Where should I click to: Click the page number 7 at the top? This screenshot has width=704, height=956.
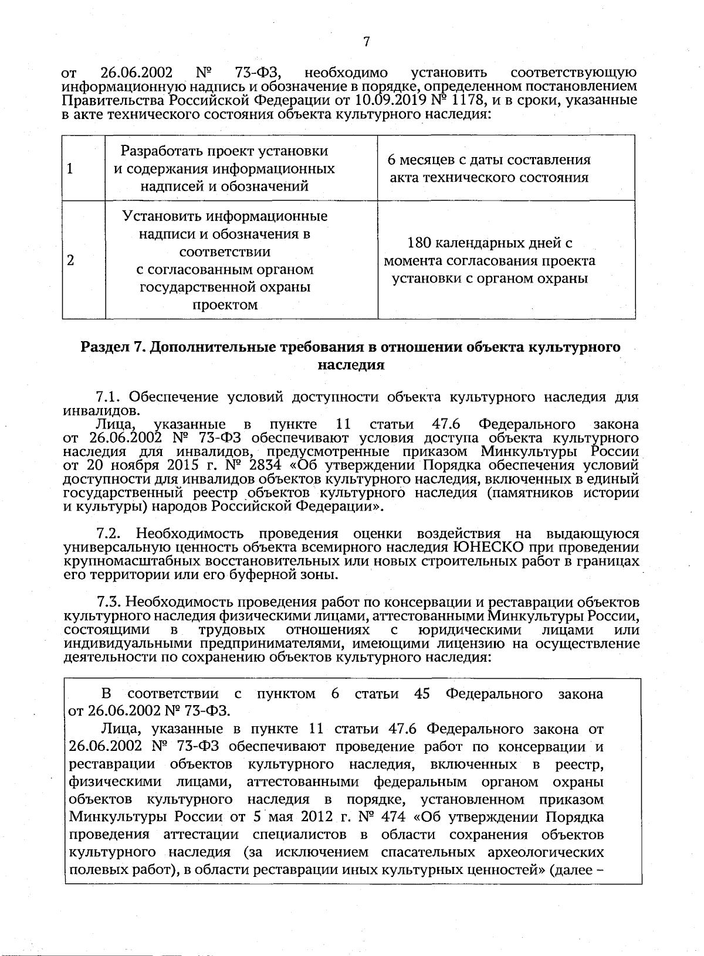coord(366,42)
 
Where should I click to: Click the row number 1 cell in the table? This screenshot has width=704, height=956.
coord(70,169)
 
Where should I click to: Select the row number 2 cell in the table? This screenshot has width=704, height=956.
coord(70,261)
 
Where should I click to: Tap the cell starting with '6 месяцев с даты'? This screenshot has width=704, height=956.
coord(489,169)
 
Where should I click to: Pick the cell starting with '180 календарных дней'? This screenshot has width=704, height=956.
coord(489,261)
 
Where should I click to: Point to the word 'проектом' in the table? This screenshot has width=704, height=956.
coord(225,305)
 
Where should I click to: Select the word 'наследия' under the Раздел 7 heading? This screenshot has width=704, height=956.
coord(351,365)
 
